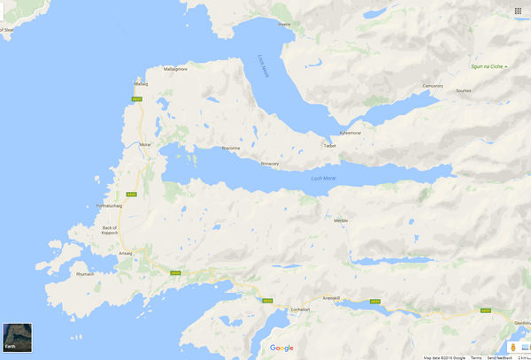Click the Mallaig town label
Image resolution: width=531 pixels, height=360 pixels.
(141, 83)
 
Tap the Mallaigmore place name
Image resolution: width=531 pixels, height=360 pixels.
(175, 68)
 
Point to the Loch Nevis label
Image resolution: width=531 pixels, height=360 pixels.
(262, 63)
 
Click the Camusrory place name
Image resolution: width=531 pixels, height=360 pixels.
(434, 86)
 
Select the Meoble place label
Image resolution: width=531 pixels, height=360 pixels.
(341, 220)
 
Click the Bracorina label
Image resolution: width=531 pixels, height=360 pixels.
(231, 148)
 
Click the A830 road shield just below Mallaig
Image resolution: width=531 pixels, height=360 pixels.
(136, 99)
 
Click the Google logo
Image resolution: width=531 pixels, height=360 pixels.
(282, 348)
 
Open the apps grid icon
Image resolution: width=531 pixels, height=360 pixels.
(518, 11)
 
